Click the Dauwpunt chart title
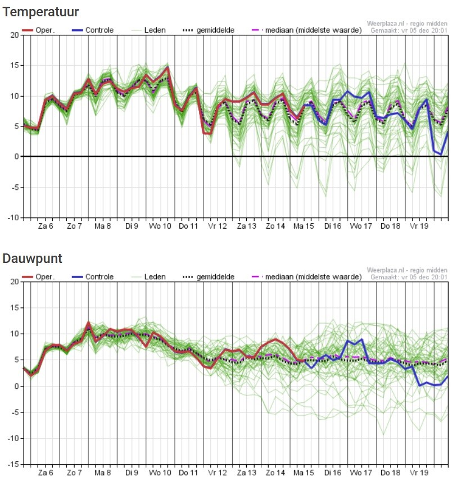pyautogui.click(x=33, y=258)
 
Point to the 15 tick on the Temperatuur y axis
pyautogui.click(x=14, y=66)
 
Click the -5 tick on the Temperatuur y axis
pyautogui.click(x=15, y=187)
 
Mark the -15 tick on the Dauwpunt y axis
pyautogui.click(x=13, y=465)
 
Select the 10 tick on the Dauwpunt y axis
pyautogui.click(x=14, y=334)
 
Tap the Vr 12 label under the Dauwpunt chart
pyautogui.click(x=217, y=473)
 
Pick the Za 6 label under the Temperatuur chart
pyautogui.click(x=44, y=226)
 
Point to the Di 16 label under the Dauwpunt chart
pyautogui.click(x=332, y=473)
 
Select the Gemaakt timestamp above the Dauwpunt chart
pyautogui.click(x=409, y=277)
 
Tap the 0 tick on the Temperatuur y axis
pyautogui.click(x=16, y=157)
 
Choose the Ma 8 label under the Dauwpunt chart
pyautogui.click(x=102, y=473)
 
